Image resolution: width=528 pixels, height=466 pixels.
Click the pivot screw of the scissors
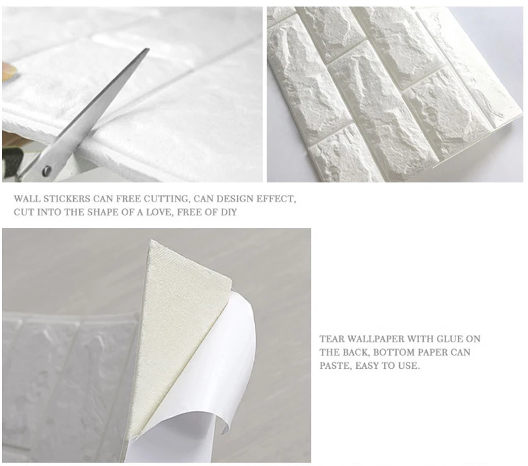pyautogui.click(x=46, y=171)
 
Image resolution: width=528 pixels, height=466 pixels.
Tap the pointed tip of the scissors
pyautogui.click(x=148, y=49)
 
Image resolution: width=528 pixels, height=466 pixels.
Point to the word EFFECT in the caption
pyautogui.click(x=276, y=199)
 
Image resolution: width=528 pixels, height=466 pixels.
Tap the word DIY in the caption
pyautogui.click(x=228, y=212)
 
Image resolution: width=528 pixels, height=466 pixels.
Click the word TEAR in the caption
pyautogui.click(x=332, y=339)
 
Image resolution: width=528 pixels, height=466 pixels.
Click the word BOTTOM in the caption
pyautogui.click(x=393, y=352)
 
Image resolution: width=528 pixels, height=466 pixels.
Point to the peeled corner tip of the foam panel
pyautogui.click(x=152, y=241)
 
